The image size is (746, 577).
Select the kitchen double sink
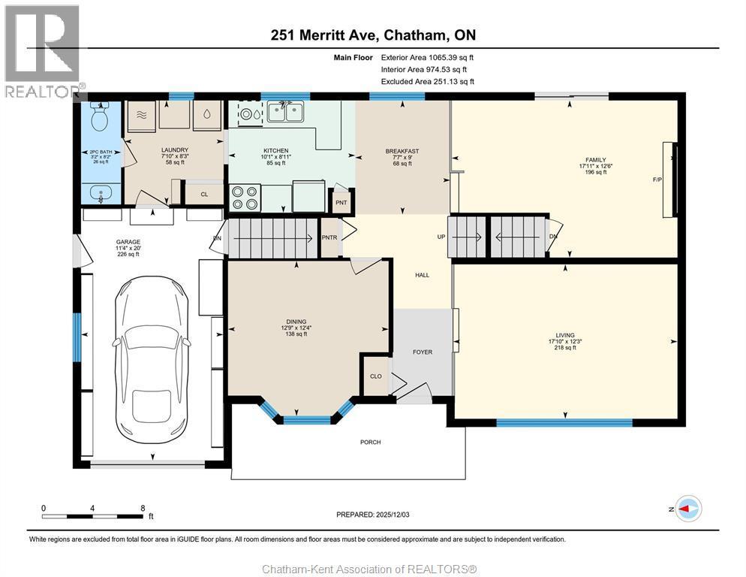285,112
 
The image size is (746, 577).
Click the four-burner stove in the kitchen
245,197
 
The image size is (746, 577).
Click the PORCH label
370,442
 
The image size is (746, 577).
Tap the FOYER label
423,352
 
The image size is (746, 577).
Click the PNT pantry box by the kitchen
341,202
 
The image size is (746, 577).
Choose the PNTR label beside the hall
330,237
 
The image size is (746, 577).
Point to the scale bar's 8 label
143,508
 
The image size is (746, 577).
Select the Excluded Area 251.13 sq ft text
427,81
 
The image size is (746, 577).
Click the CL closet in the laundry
203,194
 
